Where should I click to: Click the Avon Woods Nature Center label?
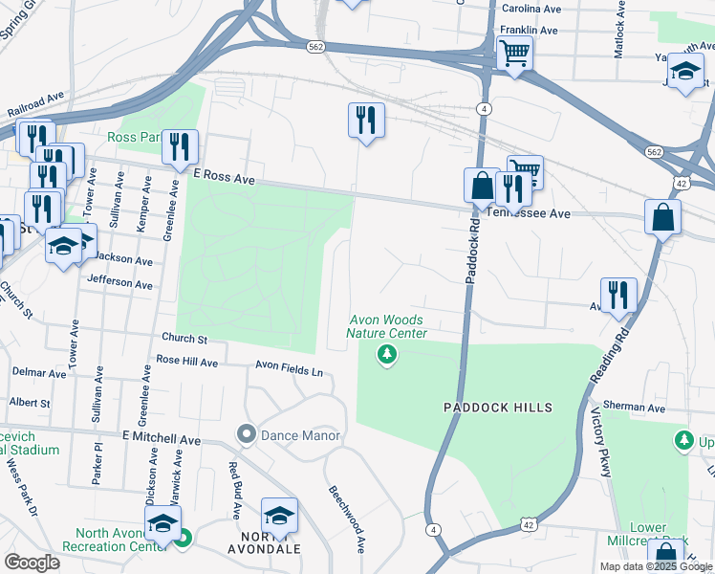tap(385, 326)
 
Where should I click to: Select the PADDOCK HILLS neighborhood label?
tap(498, 408)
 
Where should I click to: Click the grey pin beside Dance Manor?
tap(247, 435)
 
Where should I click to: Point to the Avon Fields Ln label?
tap(289, 365)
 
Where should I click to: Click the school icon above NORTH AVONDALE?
tap(279, 516)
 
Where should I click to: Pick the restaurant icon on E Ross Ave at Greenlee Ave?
tap(180, 145)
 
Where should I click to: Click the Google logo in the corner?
tap(31, 562)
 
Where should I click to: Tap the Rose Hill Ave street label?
tap(187, 362)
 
